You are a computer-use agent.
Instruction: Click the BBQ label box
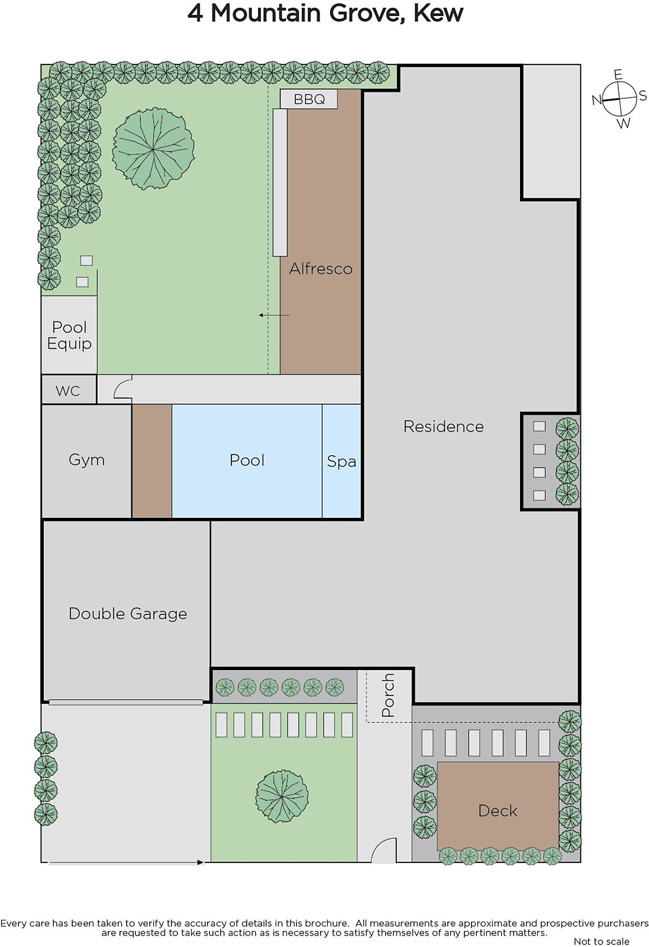pyautogui.click(x=309, y=99)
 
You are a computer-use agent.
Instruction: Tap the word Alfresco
pyautogui.click(x=321, y=269)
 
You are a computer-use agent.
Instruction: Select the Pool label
pyautogui.click(x=247, y=460)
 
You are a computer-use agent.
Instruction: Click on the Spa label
pyautogui.click(x=341, y=461)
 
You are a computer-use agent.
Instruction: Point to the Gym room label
pyautogui.click(x=86, y=460)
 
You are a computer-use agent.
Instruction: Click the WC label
pyautogui.click(x=67, y=391)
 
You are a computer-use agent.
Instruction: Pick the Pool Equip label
pyautogui.click(x=69, y=335)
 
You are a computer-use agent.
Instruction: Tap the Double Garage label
pyautogui.click(x=128, y=613)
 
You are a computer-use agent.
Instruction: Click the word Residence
pyautogui.click(x=444, y=426)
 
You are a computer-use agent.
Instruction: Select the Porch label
pyautogui.click(x=388, y=695)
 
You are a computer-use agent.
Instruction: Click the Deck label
pyautogui.click(x=498, y=810)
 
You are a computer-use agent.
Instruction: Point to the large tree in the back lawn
pyautogui.click(x=153, y=149)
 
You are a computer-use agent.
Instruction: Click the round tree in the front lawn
pyautogui.click(x=282, y=797)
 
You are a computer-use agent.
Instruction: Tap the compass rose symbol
pyautogui.click(x=619, y=99)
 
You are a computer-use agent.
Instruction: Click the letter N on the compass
pyautogui.click(x=596, y=100)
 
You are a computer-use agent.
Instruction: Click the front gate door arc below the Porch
pyautogui.click(x=383, y=850)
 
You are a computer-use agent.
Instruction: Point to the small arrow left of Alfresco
pyautogui.click(x=275, y=315)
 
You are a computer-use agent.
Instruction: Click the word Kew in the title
pyautogui.click(x=438, y=14)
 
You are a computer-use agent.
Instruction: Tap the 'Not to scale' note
pyautogui.click(x=602, y=941)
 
